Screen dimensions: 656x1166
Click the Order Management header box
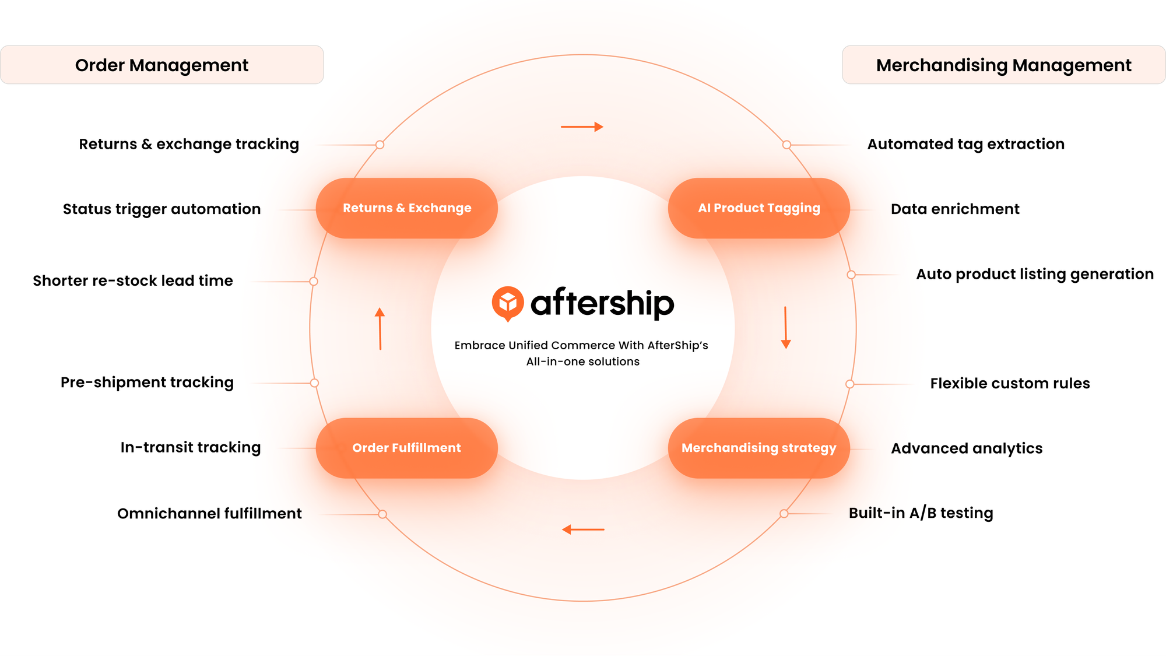click(162, 65)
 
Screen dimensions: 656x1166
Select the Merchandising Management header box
click(1003, 65)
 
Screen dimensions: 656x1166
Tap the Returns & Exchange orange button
click(407, 208)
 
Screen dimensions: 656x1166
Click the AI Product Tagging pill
click(758, 208)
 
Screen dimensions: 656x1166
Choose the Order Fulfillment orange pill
click(407, 448)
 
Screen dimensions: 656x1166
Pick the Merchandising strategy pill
click(758, 448)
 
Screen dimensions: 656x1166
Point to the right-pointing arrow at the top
click(582, 127)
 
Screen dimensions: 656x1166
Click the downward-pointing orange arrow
click(785, 328)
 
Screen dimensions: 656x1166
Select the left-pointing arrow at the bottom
click(583, 529)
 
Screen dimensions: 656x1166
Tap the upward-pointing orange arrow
click(380, 328)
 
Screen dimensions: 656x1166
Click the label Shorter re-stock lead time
click(133, 280)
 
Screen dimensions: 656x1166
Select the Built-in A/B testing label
click(921, 513)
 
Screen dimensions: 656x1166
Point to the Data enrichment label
click(955, 209)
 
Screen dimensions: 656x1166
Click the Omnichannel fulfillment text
click(209, 514)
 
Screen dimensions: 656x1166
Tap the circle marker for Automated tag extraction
click(786, 145)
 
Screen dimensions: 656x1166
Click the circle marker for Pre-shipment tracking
click(314, 383)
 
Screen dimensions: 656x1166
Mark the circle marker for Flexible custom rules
click(850, 384)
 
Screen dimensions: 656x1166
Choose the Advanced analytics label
click(967, 448)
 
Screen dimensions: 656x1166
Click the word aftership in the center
click(602, 303)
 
